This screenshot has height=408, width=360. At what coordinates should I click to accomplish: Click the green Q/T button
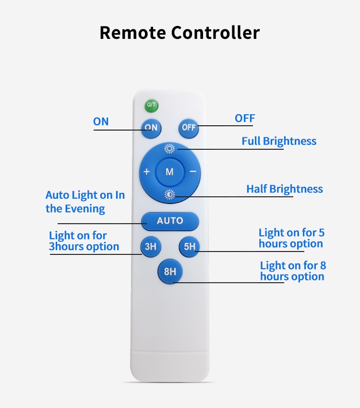coord(152,105)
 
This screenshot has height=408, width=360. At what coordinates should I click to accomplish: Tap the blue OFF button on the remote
coord(189,128)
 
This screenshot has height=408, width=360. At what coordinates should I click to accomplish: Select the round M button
coord(169,172)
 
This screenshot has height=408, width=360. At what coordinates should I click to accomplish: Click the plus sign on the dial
coord(147,172)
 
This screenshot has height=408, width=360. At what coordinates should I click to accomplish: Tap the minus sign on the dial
coord(192,172)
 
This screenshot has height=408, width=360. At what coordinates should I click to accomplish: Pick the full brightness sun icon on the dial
coord(169,148)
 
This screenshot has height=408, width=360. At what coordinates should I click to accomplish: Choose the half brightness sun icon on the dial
coord(169,194)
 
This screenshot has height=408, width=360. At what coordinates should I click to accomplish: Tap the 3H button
coord(151,247)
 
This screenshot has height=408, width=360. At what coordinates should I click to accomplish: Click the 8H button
coord(170,272)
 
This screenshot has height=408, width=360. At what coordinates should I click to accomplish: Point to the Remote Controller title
coord(180,33)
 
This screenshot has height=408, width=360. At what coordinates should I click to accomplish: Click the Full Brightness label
coord(279,141)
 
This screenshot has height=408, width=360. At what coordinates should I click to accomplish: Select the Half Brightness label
coord(285,189)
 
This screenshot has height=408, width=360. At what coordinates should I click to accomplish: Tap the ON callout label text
coord(101,121)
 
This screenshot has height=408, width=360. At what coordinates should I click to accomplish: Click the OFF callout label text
coord(245,118)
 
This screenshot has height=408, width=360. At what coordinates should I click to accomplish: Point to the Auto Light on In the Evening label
coord(85,202)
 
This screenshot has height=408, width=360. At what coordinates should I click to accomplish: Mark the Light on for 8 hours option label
coord(292,271)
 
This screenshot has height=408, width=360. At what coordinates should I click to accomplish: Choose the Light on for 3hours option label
coord(84,241)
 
